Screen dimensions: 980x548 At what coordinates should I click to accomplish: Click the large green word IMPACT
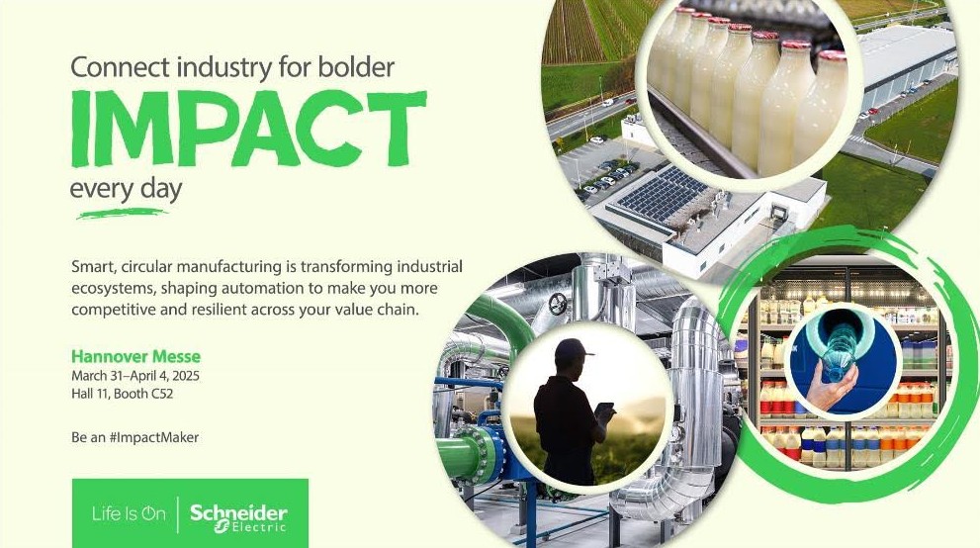point(249,130)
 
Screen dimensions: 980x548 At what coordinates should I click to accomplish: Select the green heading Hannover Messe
point(135,357)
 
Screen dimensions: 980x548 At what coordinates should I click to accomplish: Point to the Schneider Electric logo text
point(238,518)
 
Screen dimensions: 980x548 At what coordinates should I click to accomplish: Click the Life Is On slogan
point(129,514)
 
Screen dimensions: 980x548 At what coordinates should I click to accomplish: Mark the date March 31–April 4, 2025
point(135,376)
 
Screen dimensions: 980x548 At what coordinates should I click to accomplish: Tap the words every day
point(126,190)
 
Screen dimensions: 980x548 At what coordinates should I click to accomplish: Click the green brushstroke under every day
point(122,214)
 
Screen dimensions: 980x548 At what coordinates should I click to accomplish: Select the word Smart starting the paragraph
point(94,267)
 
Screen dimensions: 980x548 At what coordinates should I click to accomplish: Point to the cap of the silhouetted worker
point(574,348)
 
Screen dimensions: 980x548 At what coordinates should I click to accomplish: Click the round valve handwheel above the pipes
point(558,304)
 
